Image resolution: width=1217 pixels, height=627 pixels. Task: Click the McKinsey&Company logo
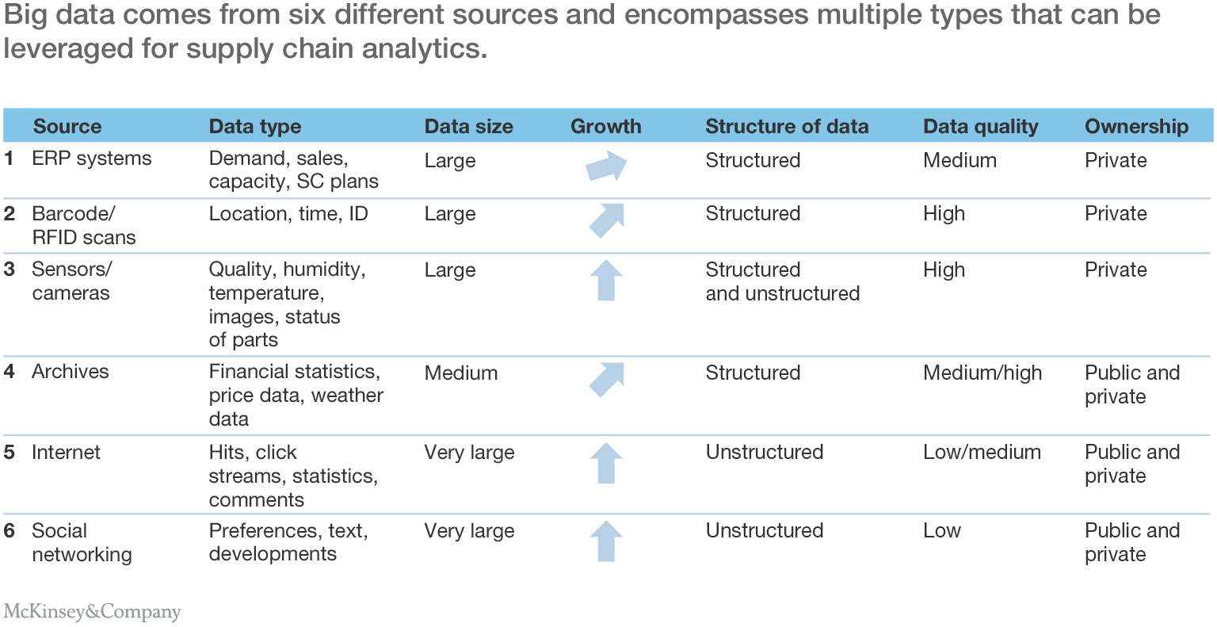pos(92,612)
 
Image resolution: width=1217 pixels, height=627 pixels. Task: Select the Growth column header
pos(605,126)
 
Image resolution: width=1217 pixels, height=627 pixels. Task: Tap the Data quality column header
pos(980,126)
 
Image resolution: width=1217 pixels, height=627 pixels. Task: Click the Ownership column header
pos(1136,126)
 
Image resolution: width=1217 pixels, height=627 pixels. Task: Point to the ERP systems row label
pos(91,159)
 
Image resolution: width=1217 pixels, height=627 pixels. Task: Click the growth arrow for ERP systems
pos(606,166)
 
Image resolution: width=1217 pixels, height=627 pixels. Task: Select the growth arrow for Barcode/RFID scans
pos(606,220)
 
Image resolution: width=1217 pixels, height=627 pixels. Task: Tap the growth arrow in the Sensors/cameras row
pos(606,280)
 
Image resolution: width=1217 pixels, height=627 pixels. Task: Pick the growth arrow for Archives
pos(606,380)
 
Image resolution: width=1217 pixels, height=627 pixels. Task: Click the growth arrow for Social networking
pos(606,541)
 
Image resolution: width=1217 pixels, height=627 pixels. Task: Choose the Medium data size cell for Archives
pos(461,373)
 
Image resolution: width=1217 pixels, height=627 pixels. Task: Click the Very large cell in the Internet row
pos(469,453)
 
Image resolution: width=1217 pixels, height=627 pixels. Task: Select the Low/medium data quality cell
pos(982,452)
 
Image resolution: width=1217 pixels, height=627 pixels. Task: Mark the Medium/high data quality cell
pos(982,373)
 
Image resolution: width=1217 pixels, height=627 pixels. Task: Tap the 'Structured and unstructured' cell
pos(782,281)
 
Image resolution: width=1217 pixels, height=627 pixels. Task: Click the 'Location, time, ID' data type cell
pos(288,214)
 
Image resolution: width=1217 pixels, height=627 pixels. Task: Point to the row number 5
pos(10,453)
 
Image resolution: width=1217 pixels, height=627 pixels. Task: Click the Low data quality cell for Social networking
pos(941,530)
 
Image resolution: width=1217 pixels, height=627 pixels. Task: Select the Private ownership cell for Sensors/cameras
pos(1116,270)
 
